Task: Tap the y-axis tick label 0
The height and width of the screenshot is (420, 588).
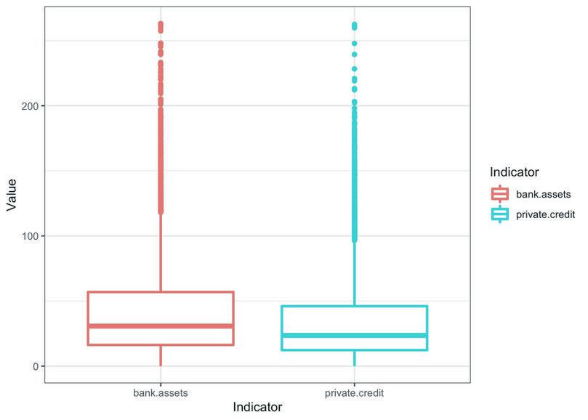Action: tap(35, 366)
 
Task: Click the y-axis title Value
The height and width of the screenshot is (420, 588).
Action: tap(11, 195)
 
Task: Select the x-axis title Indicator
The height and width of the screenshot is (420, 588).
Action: tap(257, 408)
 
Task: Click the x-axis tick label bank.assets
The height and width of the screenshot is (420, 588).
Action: tap(161, 393)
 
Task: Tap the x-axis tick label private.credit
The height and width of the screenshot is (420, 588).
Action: tap(355, 393)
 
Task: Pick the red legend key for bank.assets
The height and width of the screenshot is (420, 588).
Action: tap(500, 194)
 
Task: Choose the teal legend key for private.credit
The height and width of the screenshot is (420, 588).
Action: tap(500, 214)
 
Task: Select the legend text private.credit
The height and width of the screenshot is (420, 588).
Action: tap(546, 214)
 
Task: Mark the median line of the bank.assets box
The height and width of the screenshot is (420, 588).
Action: tap(161, 326)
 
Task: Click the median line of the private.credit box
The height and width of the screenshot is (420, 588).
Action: tap(355, 335)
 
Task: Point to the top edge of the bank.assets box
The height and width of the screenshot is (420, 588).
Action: tap(161, 292)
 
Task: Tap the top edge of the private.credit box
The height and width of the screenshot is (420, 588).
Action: tap(355, 306)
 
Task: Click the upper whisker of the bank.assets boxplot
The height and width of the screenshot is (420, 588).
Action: tap(161, 254)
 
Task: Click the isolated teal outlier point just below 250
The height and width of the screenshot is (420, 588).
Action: tap(355, 44)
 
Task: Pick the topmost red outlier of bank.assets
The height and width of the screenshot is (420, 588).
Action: tap(161, 24)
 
